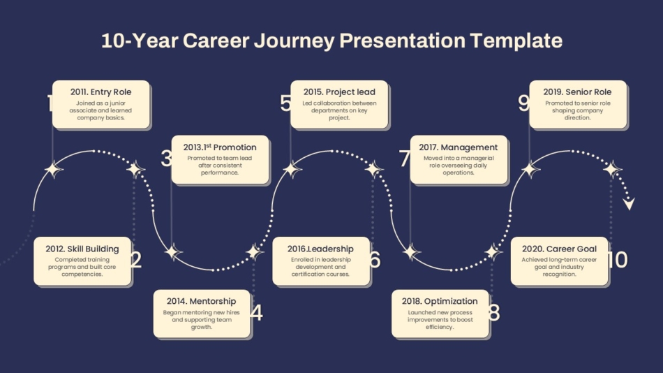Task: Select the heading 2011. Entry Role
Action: [x=100, y=92]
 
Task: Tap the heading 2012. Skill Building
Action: [x=82, y=249]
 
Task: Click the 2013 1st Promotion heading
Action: [x=220, y=147]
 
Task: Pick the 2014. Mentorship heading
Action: [x=201, y=301]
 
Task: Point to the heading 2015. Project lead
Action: [x=339, y=92]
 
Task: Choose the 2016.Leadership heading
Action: [x=320, y=249]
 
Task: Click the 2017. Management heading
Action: [x=459, y=147]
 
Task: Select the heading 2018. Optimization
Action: [x=440, y=301]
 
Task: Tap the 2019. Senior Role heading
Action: [x=577, y=92]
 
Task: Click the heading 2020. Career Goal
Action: [x=559, y=249]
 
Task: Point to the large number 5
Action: [x=286, y=103]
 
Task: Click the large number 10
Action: [x=618, y=260]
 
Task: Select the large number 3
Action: [x=167, y=159]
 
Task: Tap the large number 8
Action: [x=494, y=313]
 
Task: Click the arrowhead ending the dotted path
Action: [x=630, y=204]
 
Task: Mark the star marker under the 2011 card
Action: [x=53, y=170]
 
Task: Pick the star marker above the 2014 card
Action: [x=254, y=252]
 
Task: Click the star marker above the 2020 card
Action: [x=611, y=170]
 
